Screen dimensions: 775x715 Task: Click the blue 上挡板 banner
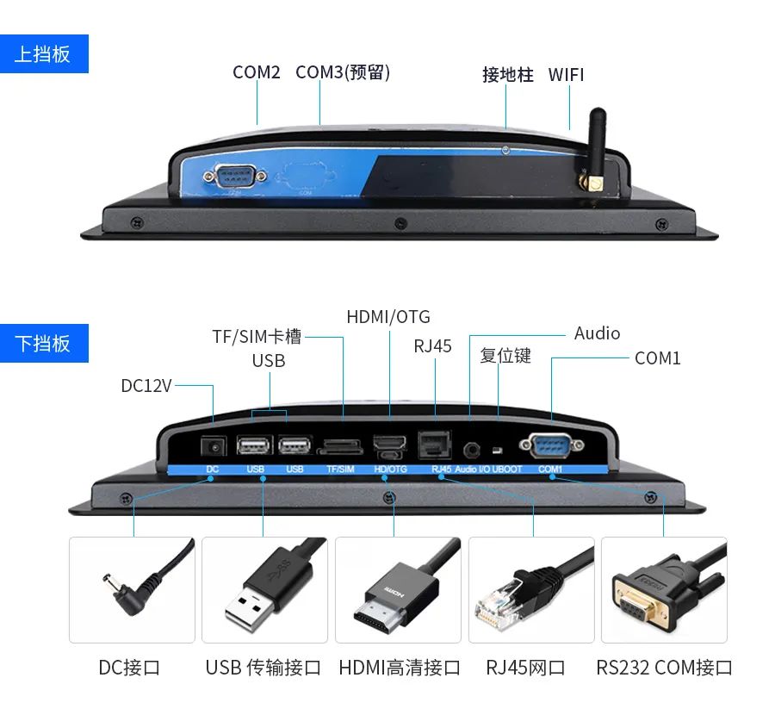[44, 54]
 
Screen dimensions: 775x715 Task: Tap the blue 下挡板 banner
[44, 343]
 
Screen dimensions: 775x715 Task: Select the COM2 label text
[256, 72]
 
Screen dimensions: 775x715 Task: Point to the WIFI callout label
[566, 75]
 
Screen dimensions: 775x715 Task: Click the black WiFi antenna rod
[597, 143]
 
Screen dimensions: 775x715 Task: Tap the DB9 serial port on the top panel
[234, 176]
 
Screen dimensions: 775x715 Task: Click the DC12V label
[146, 386]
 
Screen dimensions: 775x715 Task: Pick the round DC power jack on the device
[214, 446]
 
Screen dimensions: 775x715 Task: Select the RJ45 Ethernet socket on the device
[435, 444]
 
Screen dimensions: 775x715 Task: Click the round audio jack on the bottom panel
[471, 451]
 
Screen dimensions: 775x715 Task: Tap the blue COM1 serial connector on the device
[551, 445]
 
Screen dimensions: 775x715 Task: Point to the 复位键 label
[505, 355]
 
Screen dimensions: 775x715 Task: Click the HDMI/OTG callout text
[388, 317]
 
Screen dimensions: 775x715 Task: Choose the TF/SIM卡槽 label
[257, 337]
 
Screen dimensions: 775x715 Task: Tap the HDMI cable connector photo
[398, 590]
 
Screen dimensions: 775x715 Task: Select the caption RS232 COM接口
[664, 668]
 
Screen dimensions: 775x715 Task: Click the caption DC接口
[129, 668]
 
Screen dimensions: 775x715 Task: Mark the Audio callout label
[597, 333]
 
